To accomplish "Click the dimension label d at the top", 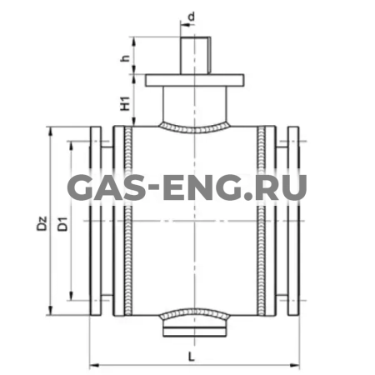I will click(192, 16).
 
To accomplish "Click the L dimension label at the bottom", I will click(193, 355).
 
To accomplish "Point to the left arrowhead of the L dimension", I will click(92, 363).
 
